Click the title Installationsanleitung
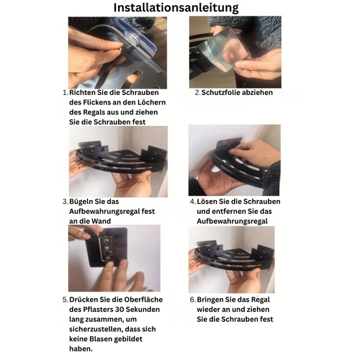(176, 8)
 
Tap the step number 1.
(64, 93)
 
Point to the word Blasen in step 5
(101, 339)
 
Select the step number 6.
(193, 300)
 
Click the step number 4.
(193, 202)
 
